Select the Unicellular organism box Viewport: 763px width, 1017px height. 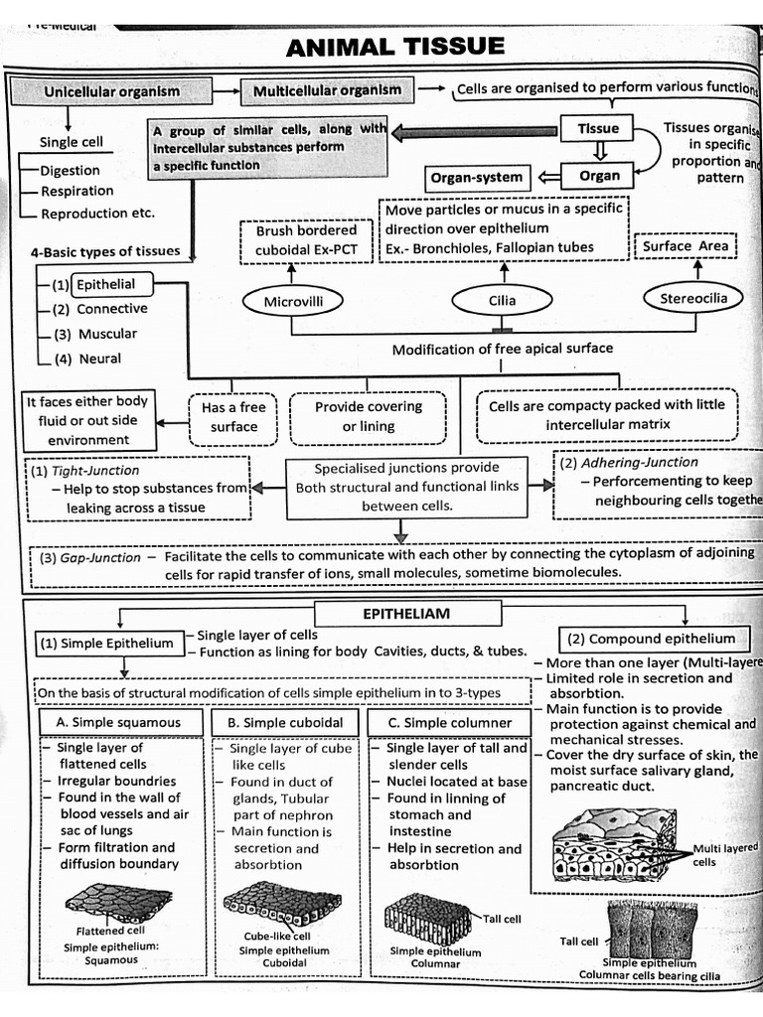click(111, 91)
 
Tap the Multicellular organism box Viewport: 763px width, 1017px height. click(327, 90)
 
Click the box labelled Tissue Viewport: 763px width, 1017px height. click(598, 128)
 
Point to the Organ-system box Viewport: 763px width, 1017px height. click(476, 178)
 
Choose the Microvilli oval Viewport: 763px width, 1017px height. click(292, 300)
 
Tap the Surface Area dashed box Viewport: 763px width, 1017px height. click(686, 246)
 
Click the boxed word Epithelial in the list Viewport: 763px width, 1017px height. click(112, 284)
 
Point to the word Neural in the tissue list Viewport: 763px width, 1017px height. click(99, 359)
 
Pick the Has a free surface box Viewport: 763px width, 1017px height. click(233, 417)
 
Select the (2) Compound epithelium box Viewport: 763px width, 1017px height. click(656, 639)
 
